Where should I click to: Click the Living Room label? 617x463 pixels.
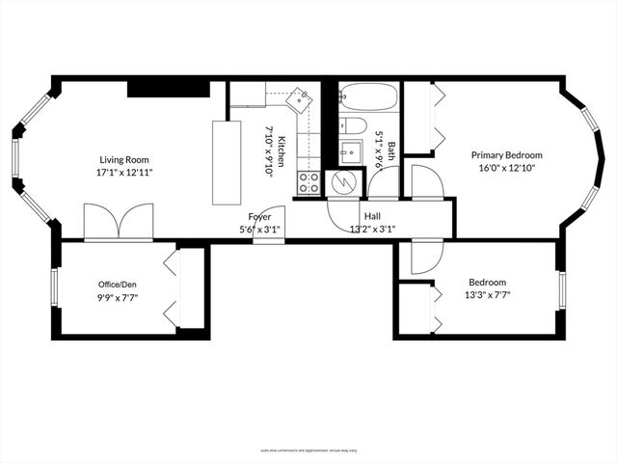point(123,160)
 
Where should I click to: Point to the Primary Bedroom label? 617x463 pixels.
point(506,155)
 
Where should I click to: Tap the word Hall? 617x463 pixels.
point(372,216)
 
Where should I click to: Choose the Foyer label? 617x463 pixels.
point(259,216)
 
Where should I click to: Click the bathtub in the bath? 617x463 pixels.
point(368,97)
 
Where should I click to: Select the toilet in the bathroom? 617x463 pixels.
point(353,125)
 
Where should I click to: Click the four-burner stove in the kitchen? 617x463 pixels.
point(309,182)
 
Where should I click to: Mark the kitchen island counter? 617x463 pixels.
point(226,161)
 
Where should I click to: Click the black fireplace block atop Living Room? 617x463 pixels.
point(169,89)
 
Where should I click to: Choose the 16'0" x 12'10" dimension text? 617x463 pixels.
point(506,169)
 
